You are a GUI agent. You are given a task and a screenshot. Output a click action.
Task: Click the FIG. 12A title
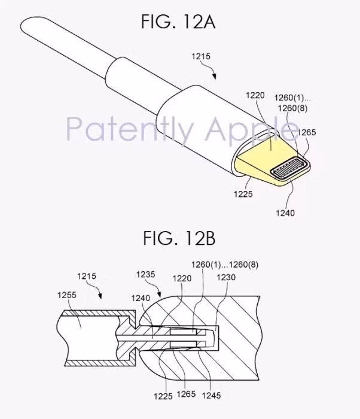178,23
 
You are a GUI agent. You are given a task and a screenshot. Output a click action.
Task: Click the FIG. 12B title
178,239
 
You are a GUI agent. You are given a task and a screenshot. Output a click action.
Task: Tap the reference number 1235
145,275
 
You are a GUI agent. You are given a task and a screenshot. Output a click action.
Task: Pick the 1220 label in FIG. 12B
181,278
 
